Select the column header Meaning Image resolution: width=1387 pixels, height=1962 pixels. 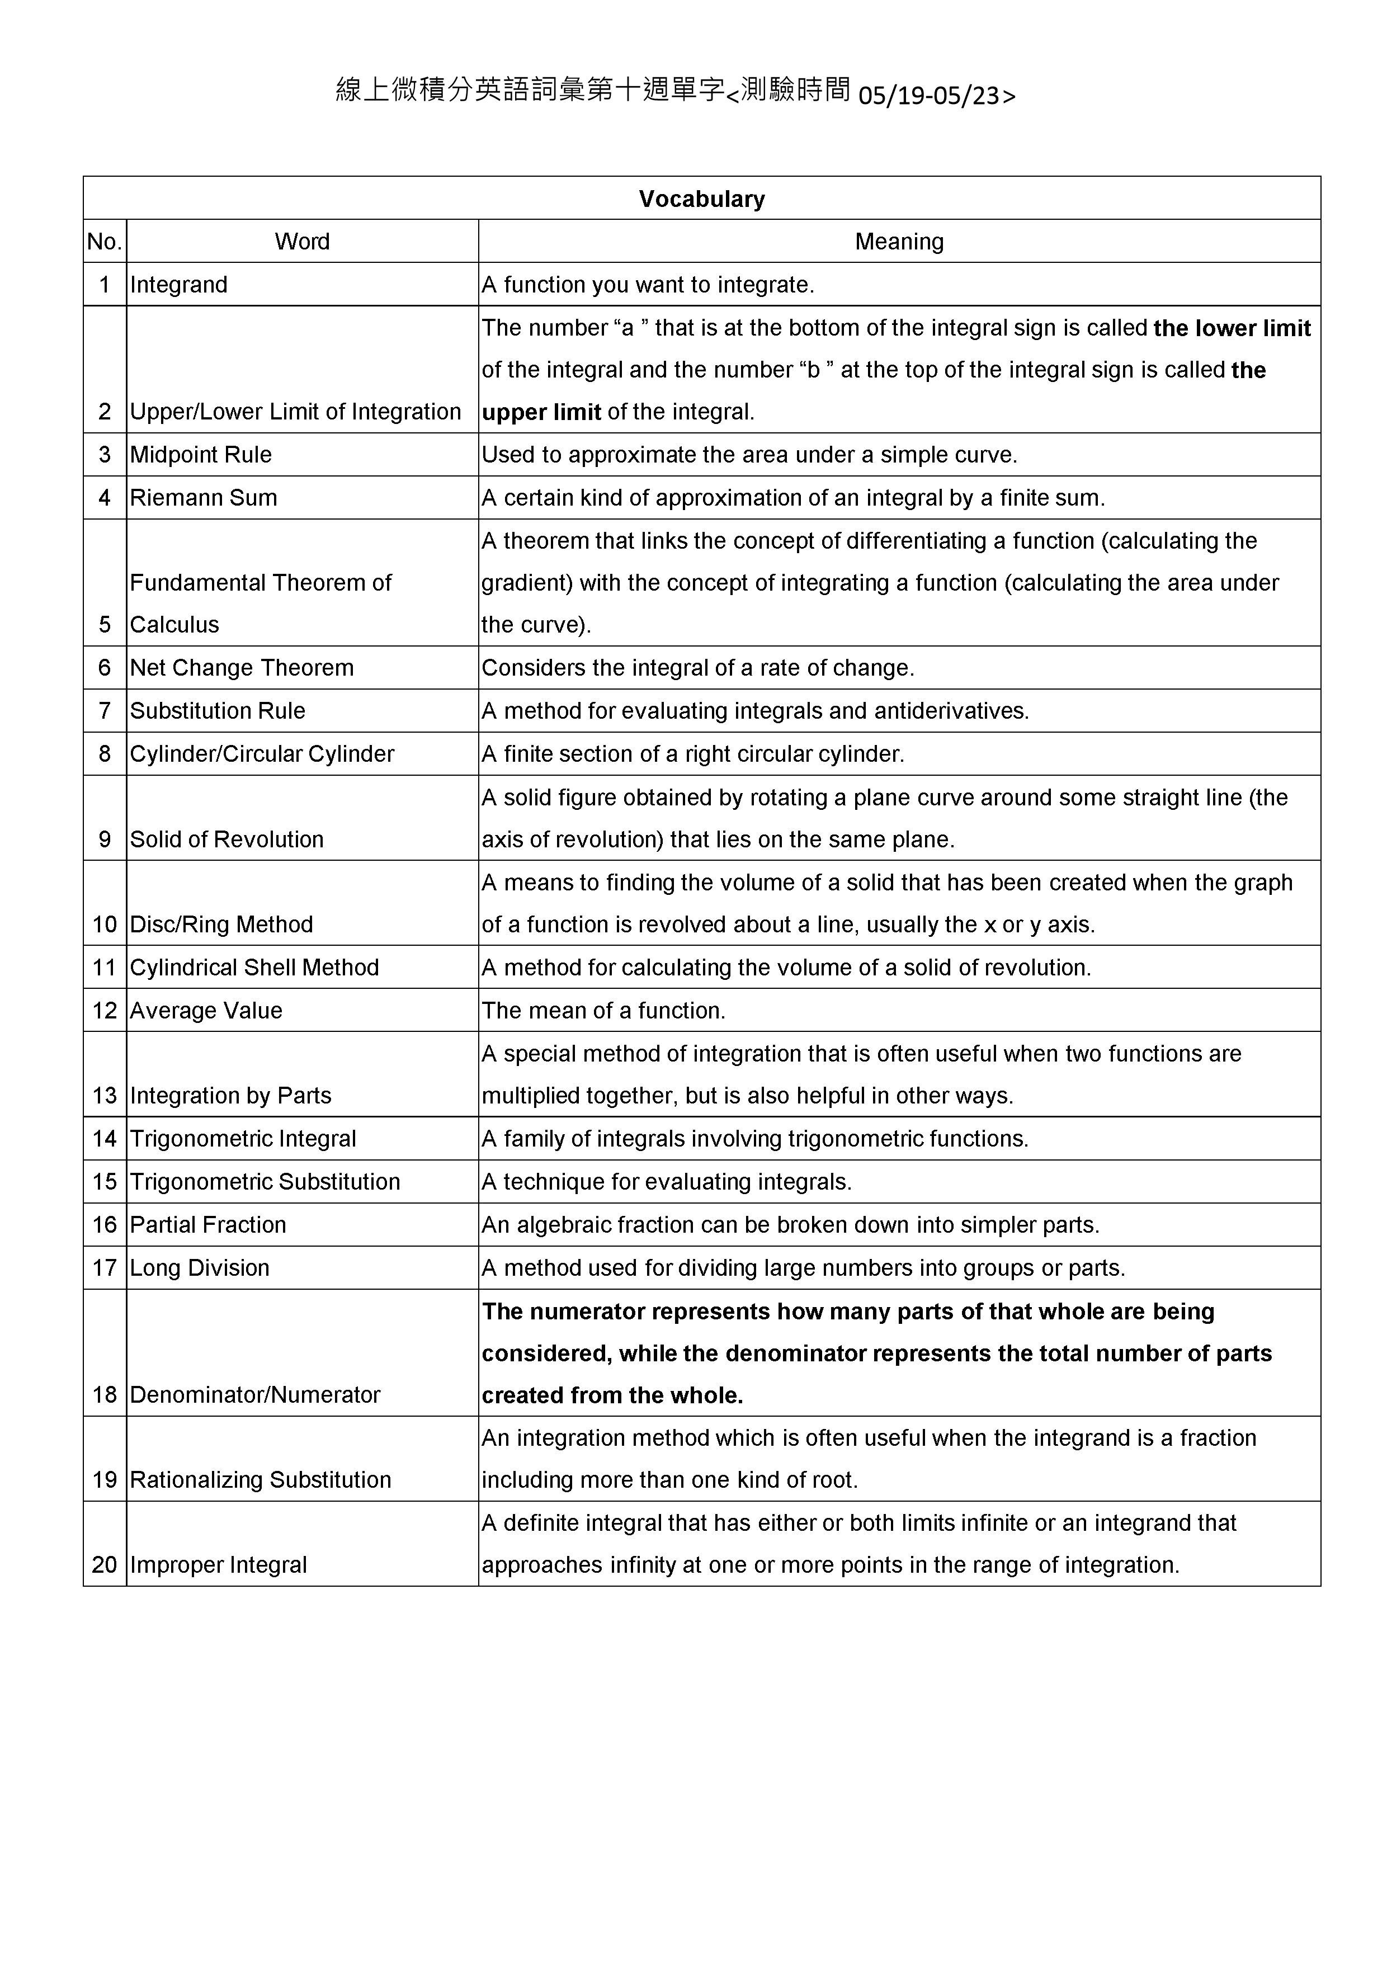[x=899, y=242]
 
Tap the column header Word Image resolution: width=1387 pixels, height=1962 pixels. [x=301, y=242]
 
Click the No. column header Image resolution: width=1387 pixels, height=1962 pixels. [x=104, y=242]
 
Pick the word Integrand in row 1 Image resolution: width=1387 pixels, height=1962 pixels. [x=178, y=285]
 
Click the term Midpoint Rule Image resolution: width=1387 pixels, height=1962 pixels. [x=201, y=455]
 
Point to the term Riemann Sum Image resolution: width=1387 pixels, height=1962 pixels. [x=204, y=497]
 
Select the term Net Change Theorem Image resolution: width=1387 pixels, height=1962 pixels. [x=242, y=667]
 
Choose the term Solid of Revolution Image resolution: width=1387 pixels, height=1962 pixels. [x=227, y=839]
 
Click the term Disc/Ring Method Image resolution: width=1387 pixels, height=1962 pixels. [x=221, y=924]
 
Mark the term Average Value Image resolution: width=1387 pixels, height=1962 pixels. [x=206, y=1010]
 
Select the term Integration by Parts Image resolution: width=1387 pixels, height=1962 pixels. [x=231, y=1096]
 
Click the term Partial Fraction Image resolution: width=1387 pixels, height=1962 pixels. [x=207, y=1224]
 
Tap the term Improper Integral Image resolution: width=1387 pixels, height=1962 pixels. [x=218, y=1565]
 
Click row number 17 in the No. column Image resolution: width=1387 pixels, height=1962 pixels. [x=104, y=1267]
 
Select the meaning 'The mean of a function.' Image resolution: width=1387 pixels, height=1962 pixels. [x=603, y=1010]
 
